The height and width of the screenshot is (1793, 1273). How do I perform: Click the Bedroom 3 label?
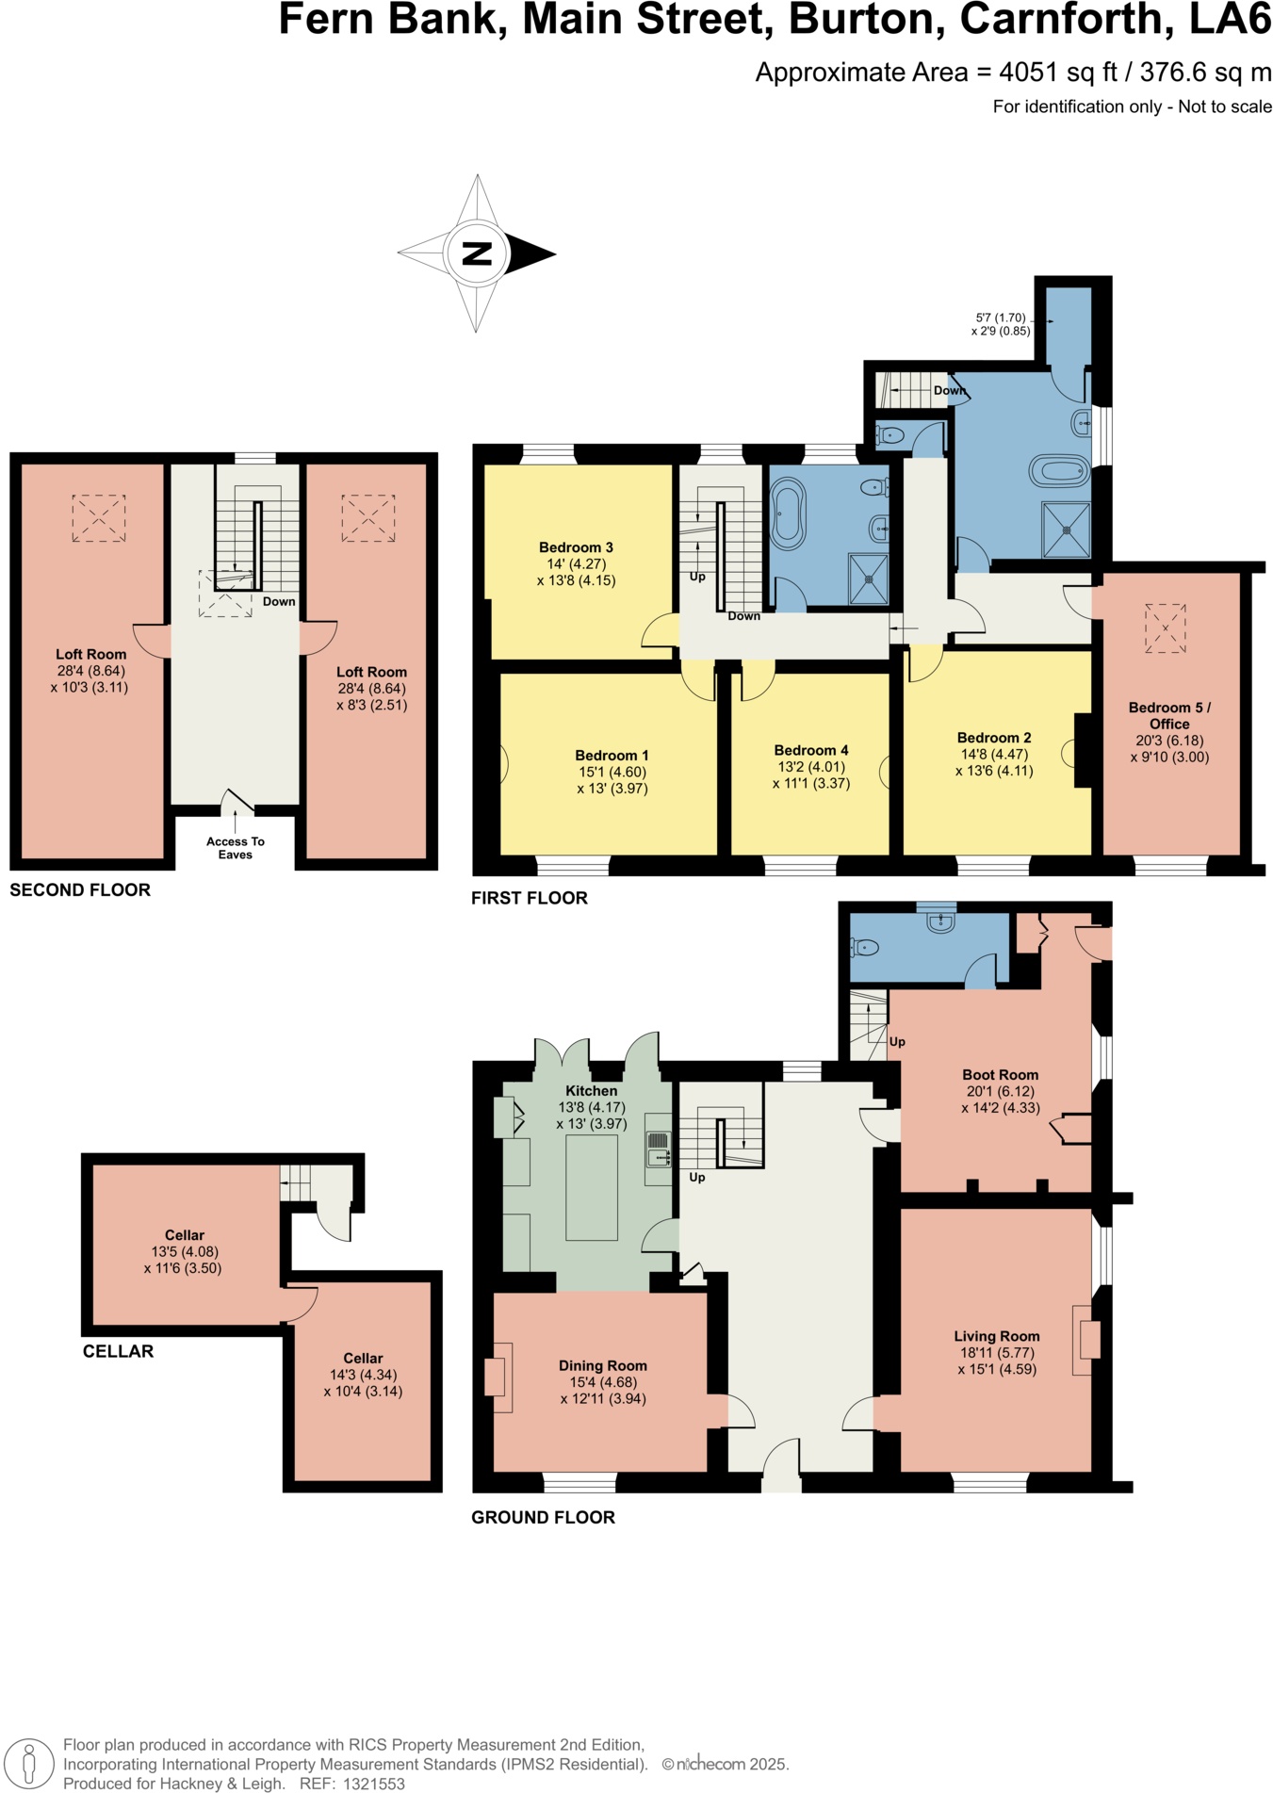pyautogui.click(x=576, y=547)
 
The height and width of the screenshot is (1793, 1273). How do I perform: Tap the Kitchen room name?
pyautogui.click(x=591, y=1090)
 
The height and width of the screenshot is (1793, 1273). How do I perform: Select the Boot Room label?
pyautogui.click(x=1000, y=1074)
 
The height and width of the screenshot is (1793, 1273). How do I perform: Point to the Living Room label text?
pyautogui.click(x=996, y=1336)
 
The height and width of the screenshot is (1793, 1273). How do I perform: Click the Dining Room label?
pyautogui.click(x=602, y=1365)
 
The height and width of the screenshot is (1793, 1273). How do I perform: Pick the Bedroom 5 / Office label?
pyautogui.click(x=1169, y=715)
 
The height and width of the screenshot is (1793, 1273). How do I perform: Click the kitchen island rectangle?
pyautogui.click(x=591, y=1187)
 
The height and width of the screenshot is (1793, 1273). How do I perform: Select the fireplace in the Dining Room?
pyautogui.click(x=498, y=1377)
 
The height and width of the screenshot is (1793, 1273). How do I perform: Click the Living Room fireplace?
pyautogui.click(x=1086, y=1340)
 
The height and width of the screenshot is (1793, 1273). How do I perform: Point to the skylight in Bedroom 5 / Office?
pyautogui.click(x=1165, y=628)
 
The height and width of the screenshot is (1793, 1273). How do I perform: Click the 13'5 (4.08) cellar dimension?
pyautogui.click(x=185, y=1251)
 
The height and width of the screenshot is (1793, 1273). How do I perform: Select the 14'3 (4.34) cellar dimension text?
pyautogui.click(x=363, y=1375)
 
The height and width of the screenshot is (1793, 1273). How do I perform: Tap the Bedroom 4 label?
pyautogui.click(x=810, y=750)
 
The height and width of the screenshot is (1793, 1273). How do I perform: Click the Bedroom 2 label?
pyautogui.click(x=993, y=738)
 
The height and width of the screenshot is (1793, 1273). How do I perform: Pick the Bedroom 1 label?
pyautogui.click(x=612, y=755)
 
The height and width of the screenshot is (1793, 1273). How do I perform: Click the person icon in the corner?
pyautogui.click(x=29, y=1763)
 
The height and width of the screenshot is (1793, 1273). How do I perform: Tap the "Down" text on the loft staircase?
pyautogui.click(x=279, y=601)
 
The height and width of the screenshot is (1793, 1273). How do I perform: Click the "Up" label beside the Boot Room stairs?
pyautogui.click(x=897, y=1041)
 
